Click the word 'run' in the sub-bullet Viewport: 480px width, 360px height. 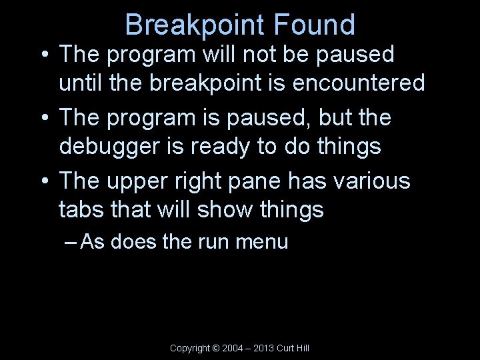pos(213,241)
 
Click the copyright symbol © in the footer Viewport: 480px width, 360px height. pos(215,348)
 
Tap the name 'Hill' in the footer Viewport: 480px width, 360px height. pos(301,348)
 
